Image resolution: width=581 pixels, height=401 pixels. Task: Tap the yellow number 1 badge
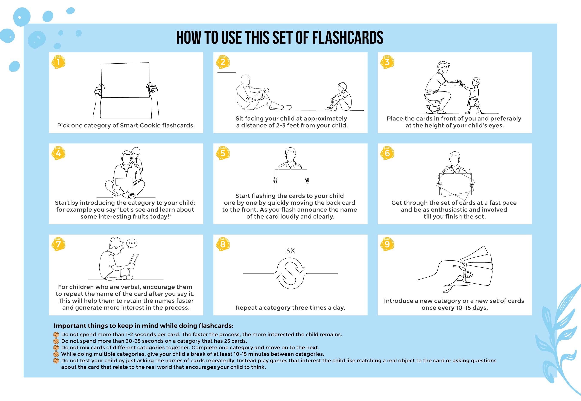pos(58,62)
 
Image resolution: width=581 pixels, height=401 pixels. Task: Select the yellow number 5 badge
pos(223,153)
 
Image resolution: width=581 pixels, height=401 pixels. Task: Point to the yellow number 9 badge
pos(387,244)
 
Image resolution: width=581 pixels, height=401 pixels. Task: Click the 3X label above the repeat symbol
pos(290,250)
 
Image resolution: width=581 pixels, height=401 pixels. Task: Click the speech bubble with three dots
pos(132,243)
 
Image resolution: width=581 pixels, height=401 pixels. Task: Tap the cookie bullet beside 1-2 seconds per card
pos(56,335)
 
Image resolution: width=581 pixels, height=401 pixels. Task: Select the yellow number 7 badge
pos(58,244)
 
